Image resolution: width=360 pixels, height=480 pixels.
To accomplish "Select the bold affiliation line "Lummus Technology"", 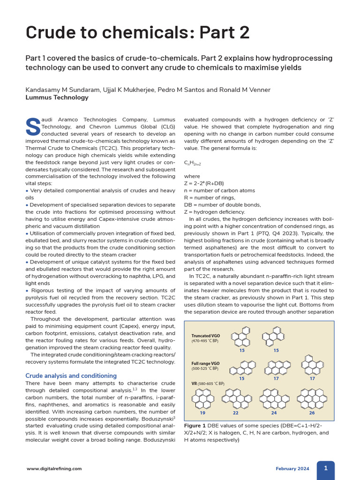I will click(57, 97).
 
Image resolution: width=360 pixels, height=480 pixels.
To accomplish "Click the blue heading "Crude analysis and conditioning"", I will click(71, 375).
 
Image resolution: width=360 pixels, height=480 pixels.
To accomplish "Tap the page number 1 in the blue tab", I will click(326, 468).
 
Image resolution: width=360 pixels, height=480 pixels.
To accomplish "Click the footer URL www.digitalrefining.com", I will click(54, 468).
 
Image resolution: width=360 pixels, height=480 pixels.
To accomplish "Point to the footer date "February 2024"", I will click(293, 468).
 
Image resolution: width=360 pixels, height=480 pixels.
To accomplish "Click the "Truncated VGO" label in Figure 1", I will click(205, 336).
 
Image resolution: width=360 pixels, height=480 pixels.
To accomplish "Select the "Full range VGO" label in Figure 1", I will click(206, 363).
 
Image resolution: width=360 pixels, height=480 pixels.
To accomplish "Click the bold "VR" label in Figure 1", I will click(195, 383).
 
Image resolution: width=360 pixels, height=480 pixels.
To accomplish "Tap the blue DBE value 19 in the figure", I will click(202, 413).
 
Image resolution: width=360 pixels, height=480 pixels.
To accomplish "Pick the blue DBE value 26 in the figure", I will click(312, 413).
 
